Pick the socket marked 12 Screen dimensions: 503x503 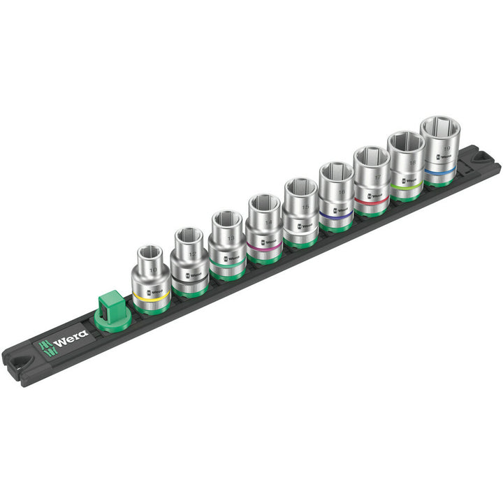pos(189,262)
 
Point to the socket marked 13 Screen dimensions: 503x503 pos(226,245)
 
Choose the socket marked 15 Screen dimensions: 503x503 pos(302,213)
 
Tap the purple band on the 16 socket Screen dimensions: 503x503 pos(337,219)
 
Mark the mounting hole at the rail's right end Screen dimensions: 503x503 pos(481,159)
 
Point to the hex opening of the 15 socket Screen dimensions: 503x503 pos(301,187)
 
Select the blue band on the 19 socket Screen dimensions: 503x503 pos(441,170)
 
